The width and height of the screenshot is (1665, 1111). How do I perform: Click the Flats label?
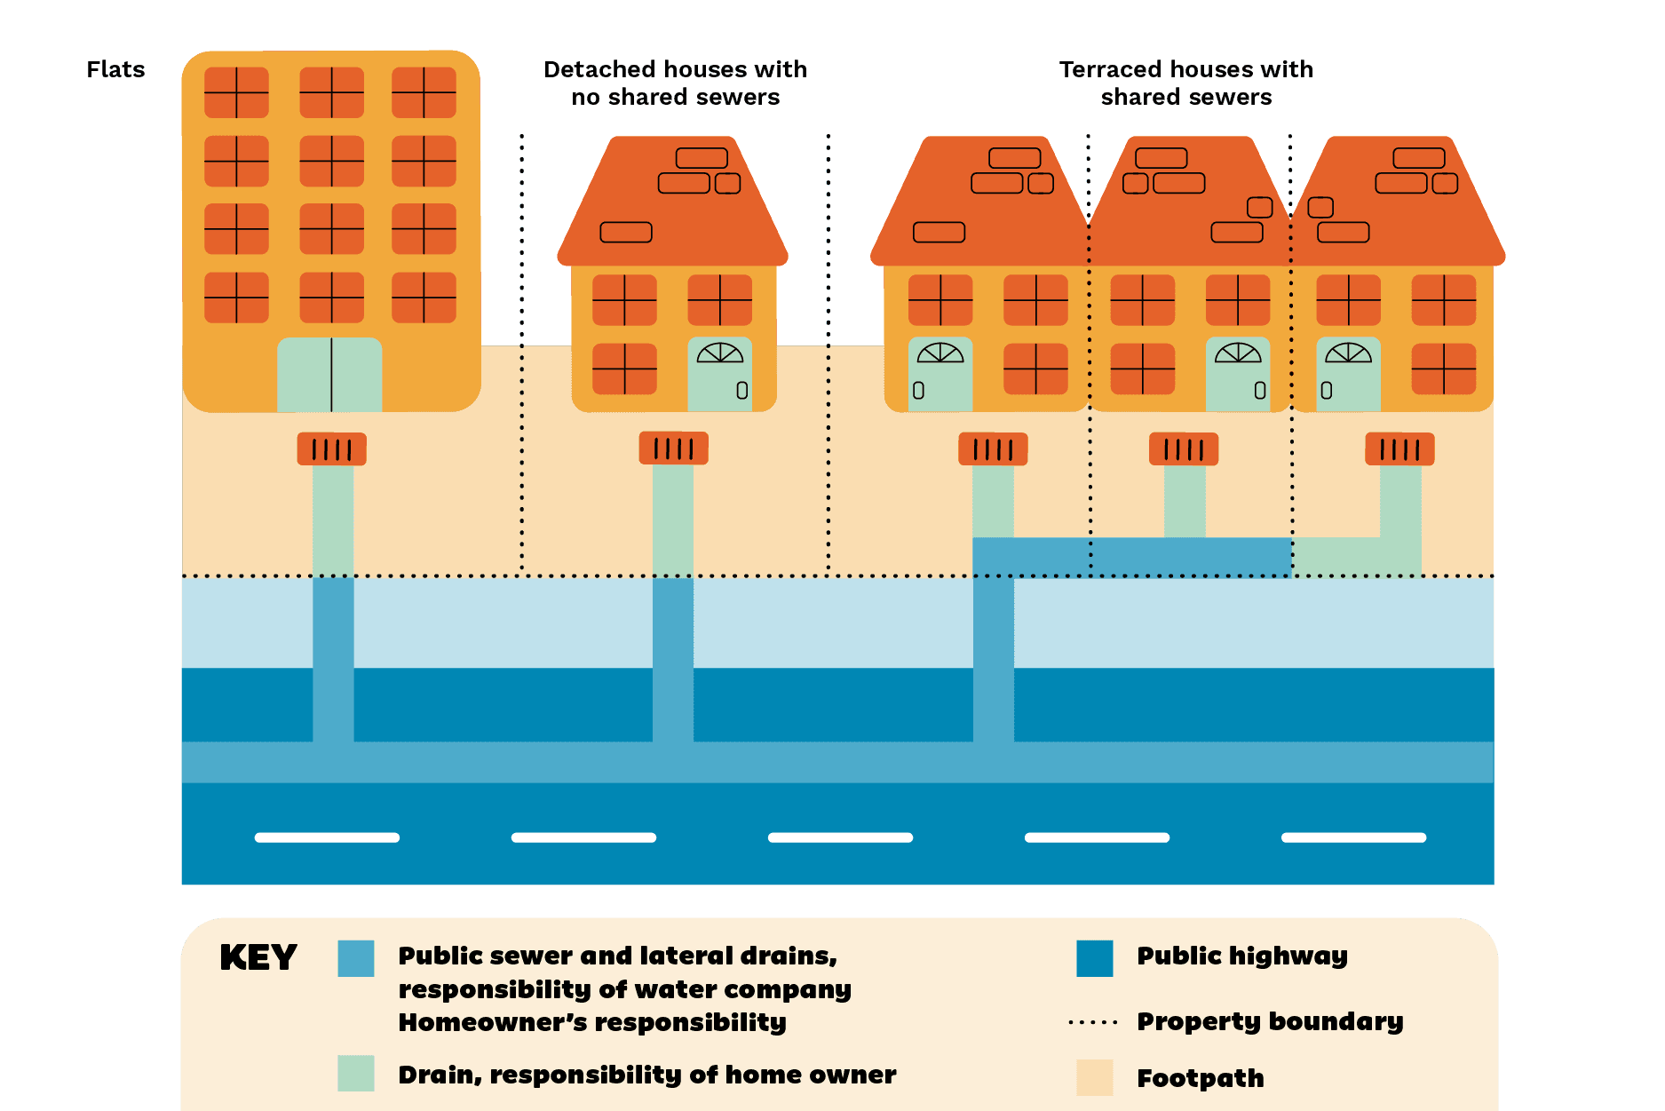[x=115, y=69]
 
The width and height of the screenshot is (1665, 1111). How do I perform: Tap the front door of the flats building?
[x=329, y=375]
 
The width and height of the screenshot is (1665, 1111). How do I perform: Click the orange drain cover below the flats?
[x=331, y=448]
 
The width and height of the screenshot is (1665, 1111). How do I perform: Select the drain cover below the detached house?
[x=673, y=448]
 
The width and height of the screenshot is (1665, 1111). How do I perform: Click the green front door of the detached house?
[x=720, y=374]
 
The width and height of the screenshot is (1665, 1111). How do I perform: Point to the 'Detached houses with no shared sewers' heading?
[x=675, y=83]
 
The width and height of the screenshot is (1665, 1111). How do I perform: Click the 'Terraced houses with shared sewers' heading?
[x=1185, y=83]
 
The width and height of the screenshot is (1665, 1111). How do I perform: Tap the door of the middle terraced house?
[x=1238, y=374]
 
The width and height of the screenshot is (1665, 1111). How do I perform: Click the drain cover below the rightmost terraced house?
[x=1399, y=449]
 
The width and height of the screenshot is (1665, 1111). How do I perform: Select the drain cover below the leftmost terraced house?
[x=993, y=449]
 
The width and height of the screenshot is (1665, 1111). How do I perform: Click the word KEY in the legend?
[x=258, y=957]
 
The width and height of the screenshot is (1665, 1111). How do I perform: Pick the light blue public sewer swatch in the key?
[x=356, y=958]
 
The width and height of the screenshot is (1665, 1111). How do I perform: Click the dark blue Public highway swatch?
[x=1094, y=958]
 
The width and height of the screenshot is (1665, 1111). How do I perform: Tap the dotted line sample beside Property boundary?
[x=1093, y=1022]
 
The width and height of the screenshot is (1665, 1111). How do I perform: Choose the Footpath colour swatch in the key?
[x=1094, y=1077]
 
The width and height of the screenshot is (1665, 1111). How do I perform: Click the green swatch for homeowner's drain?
[x=356, y=1073]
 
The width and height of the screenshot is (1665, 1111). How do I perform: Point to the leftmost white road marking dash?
[x=327, y=837]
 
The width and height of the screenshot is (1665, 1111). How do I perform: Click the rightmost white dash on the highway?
[x=1353, y=837]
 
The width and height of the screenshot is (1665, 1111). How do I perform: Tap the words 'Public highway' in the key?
[x=1242, y=956]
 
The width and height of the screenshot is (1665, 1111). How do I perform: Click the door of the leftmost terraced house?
[x=940, y=374]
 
